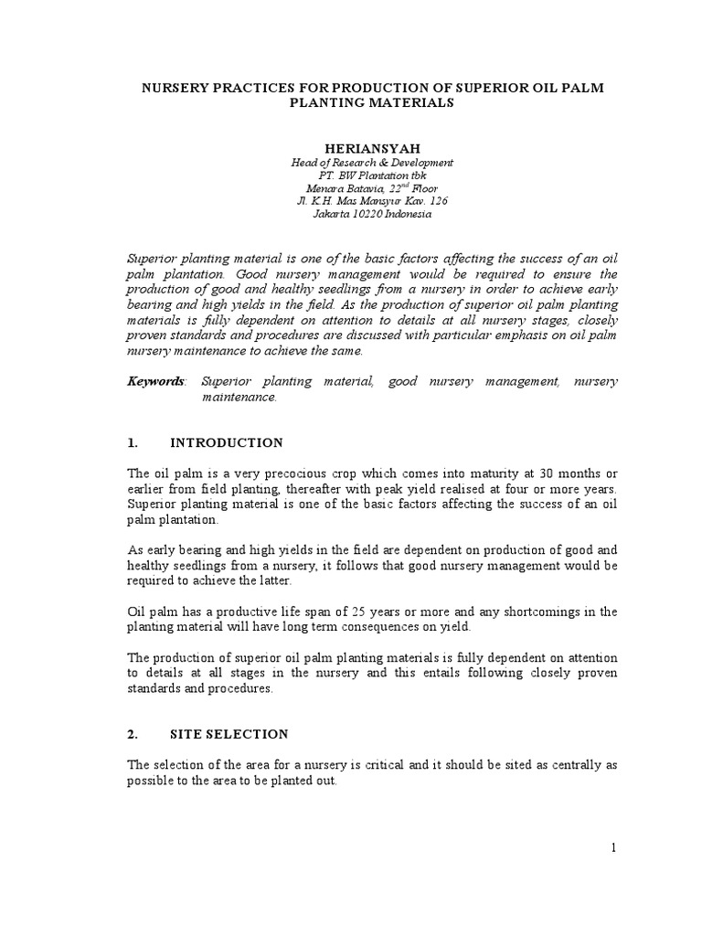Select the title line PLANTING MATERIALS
(371, 103)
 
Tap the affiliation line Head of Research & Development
(371, 162)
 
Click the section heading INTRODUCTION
(227, 442)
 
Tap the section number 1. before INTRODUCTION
(133, 442)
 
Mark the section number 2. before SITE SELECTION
(133, 734)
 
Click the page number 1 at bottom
(614, 847)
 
